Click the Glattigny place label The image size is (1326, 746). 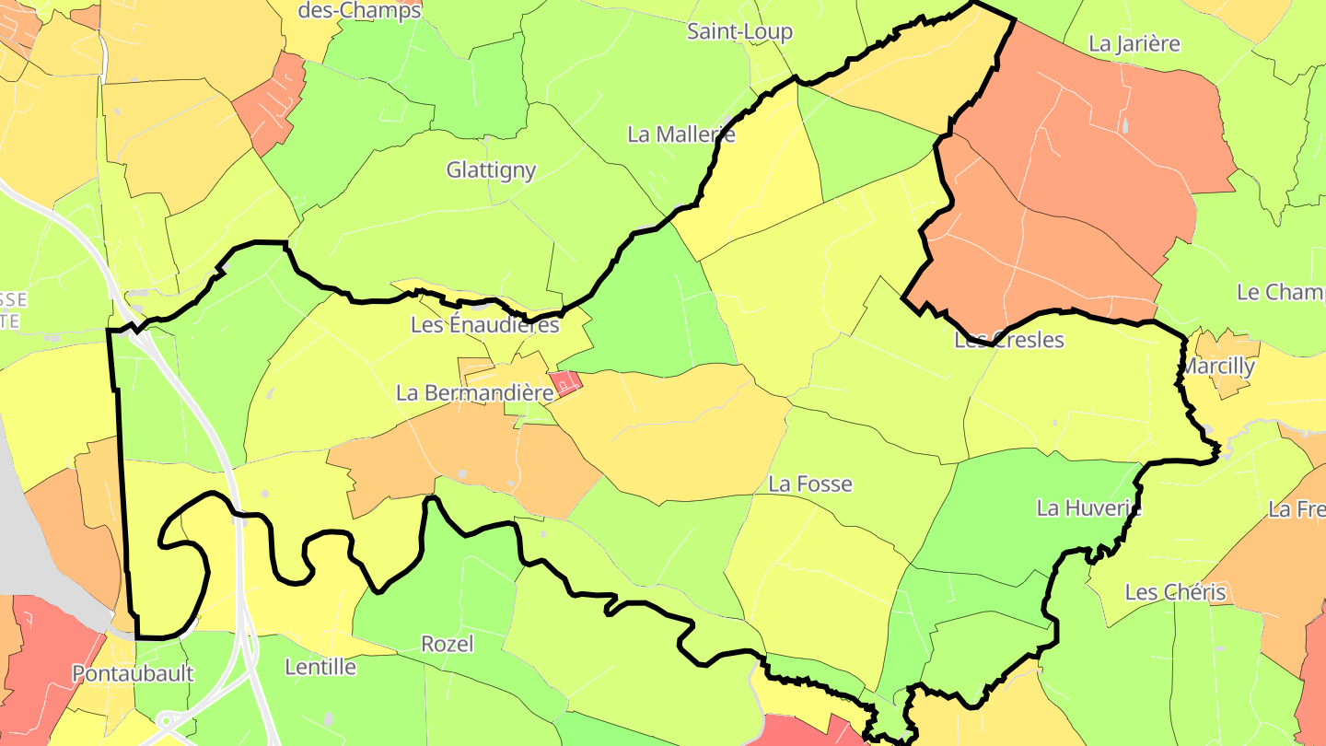point(491,170)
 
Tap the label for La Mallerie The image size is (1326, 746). point(681,134)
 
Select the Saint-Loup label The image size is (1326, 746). point(739,32)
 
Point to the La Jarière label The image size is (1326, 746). point(1134,43)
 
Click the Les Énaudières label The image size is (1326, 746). point(484,325)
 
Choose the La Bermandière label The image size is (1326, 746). point(474,392)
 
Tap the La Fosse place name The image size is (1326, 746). point(810,484)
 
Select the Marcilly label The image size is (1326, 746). point(1217,366)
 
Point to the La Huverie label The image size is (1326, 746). point(1088,507)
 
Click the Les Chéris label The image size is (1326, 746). point(1175,592)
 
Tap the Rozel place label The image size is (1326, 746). point(447,644)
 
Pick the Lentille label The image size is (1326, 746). point(320,667)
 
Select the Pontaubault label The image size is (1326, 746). point(133,673)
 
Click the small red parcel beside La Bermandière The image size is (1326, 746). point(565,381)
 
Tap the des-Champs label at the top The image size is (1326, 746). point(359,11)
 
